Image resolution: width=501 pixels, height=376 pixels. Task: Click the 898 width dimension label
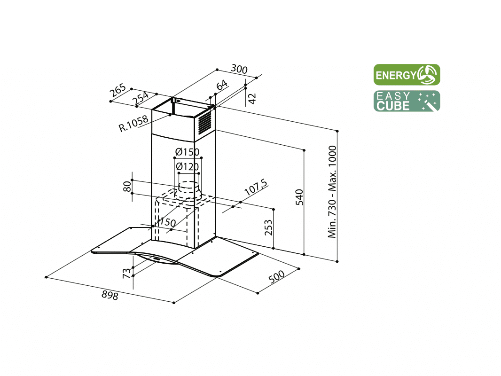[x=110, y=295]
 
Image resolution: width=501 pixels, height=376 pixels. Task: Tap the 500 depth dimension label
[x=277, y=277]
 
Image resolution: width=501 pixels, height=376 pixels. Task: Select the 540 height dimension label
[x=299, y=197]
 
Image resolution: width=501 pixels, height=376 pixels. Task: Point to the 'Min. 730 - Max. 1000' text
[x=332, y=192]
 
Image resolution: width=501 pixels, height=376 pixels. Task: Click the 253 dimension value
[x=268, y=227]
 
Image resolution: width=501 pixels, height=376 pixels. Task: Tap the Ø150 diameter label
[x=187, y=152]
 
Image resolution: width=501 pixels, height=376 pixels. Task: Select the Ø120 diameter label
[x=187, y=166]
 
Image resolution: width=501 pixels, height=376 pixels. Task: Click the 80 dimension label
[x=127, y=186]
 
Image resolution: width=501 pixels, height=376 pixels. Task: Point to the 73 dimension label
[x=127, y=273]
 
